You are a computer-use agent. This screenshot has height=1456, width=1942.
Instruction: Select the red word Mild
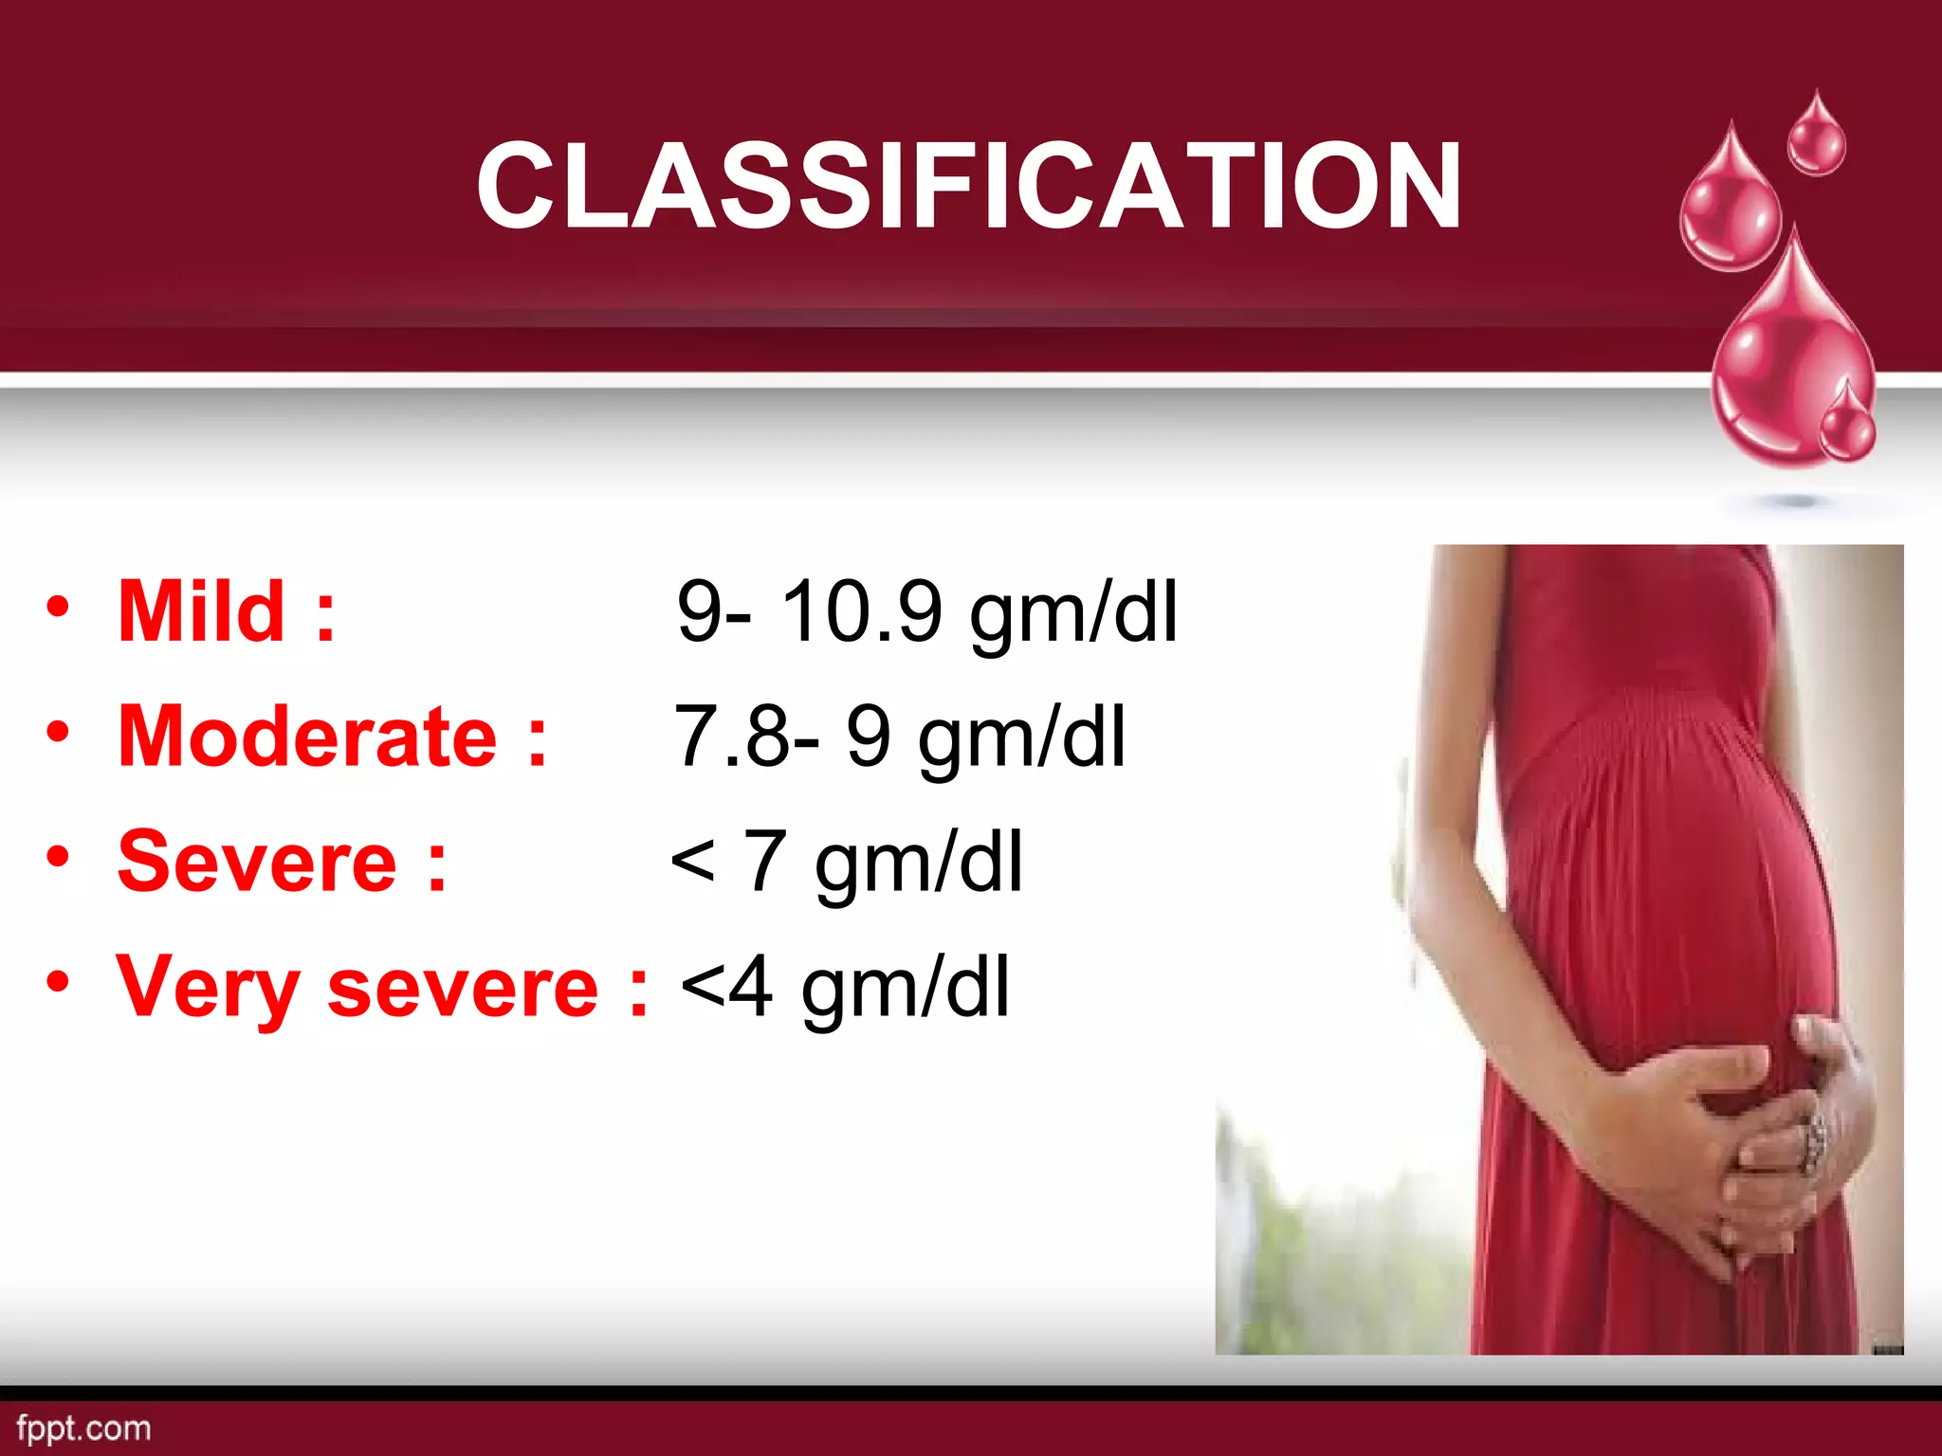coord(201,611)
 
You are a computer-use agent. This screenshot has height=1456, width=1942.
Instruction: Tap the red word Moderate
coord(307,737)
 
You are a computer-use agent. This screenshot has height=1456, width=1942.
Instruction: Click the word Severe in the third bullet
coord(257,862)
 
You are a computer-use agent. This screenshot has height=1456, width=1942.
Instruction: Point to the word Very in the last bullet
coord(208,989)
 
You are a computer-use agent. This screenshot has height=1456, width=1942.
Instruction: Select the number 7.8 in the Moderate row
coord(730,737)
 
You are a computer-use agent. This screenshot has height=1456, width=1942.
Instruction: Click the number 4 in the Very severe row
coord(751,988)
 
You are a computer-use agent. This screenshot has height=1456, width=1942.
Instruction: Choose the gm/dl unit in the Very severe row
coord(905,991)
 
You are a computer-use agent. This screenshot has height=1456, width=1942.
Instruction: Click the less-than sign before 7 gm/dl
coord(692,862)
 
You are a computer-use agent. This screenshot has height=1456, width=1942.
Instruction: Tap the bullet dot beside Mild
coord(58,607)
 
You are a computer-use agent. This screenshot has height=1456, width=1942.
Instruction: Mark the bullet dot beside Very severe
coord(58,982)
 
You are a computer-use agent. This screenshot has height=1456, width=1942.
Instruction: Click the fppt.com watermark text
coord(83,1428)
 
